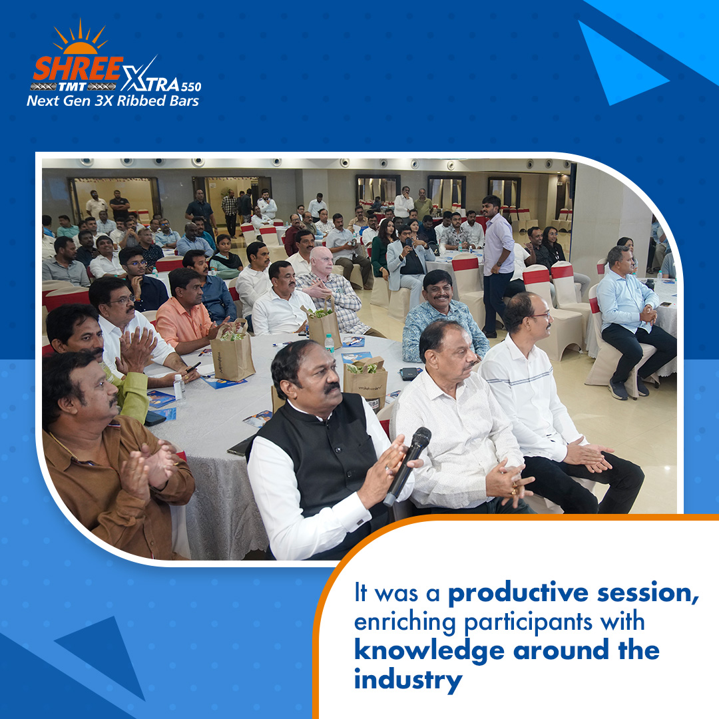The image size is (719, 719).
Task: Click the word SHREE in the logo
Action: tap(78, 69)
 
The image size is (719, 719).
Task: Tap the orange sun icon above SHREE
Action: tap(81, 37)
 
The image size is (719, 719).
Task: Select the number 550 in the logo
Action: tap(191, 87)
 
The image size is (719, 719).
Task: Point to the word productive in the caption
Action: tap(518, 593)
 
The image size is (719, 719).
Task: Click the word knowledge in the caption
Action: tap(429, 651)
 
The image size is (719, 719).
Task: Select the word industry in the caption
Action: tap(408, 680)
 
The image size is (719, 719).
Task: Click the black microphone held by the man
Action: tap(407, 465)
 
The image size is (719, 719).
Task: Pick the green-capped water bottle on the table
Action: tap(330, 343)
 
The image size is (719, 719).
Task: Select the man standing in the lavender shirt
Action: tap(497, 264)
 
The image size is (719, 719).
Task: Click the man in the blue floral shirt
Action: tap(443, 316)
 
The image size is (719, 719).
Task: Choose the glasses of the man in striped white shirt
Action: tap(541, 316)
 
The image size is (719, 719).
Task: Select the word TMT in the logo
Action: tap(73, 87)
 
